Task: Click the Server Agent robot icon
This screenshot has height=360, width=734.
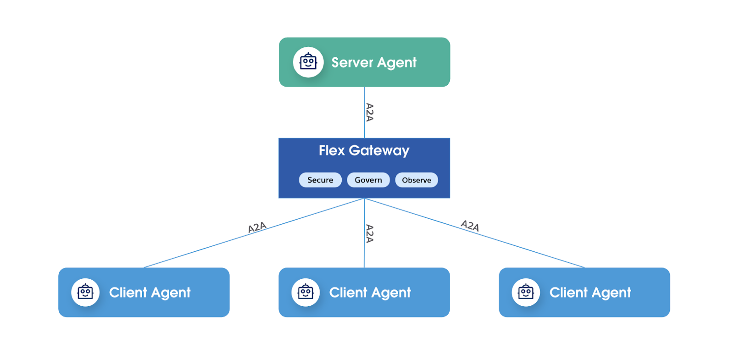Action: [308, 62]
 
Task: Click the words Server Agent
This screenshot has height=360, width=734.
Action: [374, 62]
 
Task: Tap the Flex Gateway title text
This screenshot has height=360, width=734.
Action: [364, 150]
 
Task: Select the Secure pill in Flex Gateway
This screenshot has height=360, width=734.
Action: [320, 180]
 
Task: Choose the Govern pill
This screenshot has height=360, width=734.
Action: [368, 180]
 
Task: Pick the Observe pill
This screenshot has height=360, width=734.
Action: [417, 180]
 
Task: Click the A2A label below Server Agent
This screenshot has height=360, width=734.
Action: [370, 112]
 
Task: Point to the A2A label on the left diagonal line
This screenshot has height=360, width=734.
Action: [257, 227]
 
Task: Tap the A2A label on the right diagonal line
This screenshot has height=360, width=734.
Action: [470, 226]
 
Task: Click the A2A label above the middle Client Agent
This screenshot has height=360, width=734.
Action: [370, 233]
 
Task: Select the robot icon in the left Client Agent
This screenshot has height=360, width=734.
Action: [85, 292]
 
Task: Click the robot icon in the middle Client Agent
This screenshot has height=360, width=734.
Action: [306, 292]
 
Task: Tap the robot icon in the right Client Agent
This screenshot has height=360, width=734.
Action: [526, 292]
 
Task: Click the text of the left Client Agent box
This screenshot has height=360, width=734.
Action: [150, 293]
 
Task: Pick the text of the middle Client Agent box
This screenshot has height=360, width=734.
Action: [370, 293]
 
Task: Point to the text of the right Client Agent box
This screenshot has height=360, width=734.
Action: [590, 293]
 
